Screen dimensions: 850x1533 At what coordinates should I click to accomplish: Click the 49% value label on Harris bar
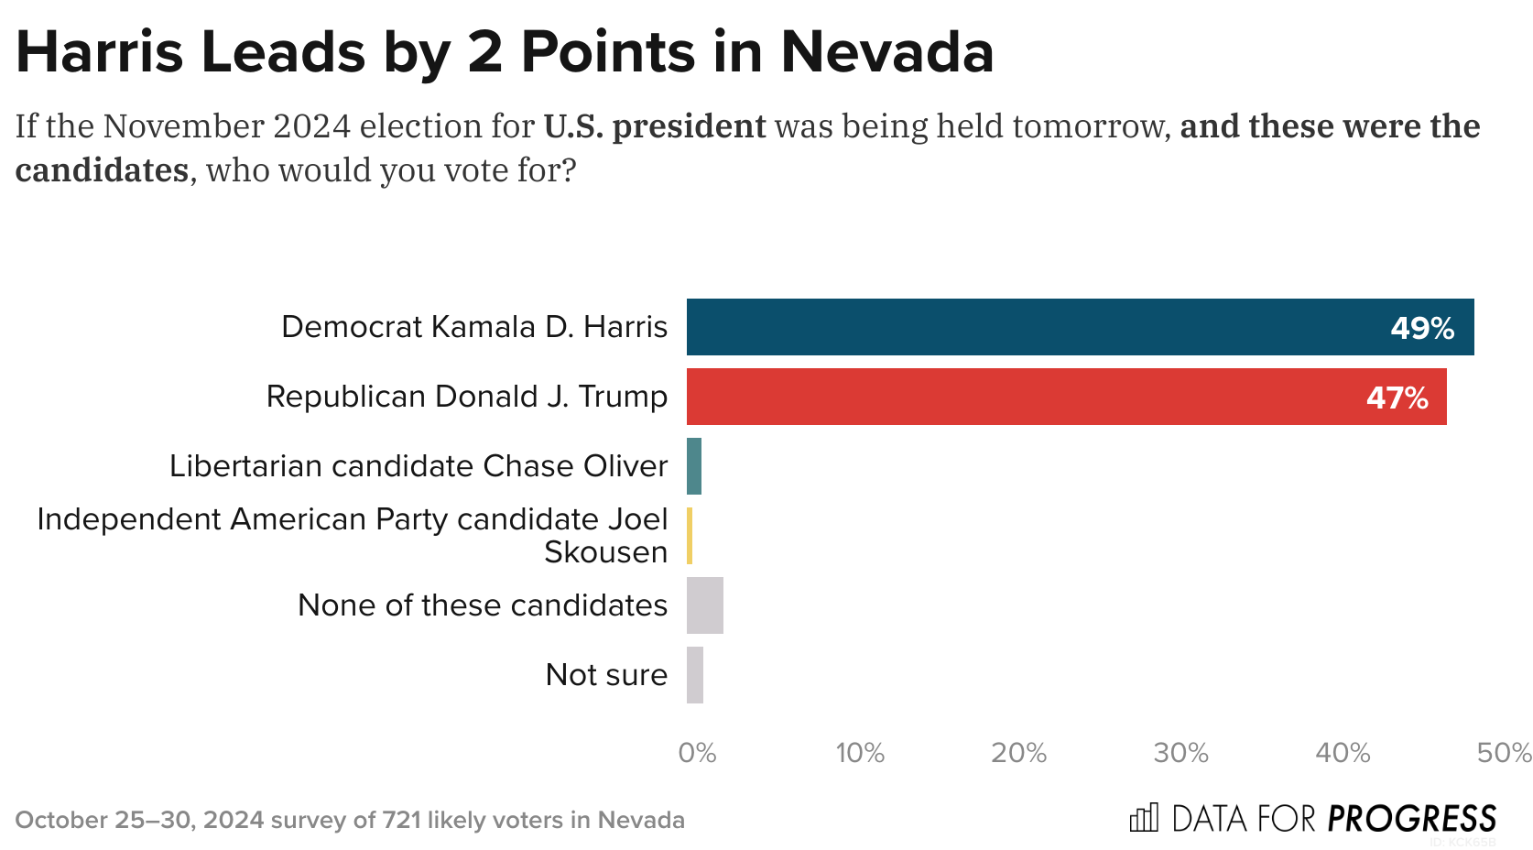(x=1421, y=328)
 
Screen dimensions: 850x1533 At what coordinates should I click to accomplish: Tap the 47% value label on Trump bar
(x=1397, y=398)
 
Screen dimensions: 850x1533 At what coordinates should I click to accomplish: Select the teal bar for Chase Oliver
(x=694, y=466)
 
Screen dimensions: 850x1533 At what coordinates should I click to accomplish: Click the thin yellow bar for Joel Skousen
(x=690, y=536)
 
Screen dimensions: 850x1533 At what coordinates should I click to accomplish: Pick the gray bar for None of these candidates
(x=704, y=605)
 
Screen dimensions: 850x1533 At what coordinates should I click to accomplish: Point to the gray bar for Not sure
(x=695, y=675)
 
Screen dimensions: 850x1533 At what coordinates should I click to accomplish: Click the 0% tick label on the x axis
(x=697, y=753)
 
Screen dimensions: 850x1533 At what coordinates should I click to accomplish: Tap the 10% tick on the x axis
(x=859, y=753)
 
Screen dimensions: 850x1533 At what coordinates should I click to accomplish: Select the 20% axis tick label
(x=1018, y=753)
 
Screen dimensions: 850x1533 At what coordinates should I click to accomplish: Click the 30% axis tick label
(x=1180, y=753)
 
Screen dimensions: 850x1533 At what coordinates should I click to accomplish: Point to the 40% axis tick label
(x=1343, y=753)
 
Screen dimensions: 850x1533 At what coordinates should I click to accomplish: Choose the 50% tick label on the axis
(x=1504, y=753)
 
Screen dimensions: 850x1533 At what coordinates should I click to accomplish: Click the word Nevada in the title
(x=886, y=52)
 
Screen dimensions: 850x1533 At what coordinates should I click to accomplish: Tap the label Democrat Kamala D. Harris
(x=474, y=327)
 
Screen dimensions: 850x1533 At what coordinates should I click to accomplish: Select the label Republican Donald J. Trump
(x=466, y=397)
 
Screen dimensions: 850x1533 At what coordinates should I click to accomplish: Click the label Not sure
(x=606, y=675)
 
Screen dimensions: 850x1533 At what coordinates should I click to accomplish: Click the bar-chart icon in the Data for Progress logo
(x=1144, y=817)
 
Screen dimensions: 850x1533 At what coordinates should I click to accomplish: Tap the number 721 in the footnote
(x=401, y=820)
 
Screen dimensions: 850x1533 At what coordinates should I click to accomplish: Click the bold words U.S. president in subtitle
(x=654, y=126)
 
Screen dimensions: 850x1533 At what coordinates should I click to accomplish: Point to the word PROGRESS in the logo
(x=1411, y=818)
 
